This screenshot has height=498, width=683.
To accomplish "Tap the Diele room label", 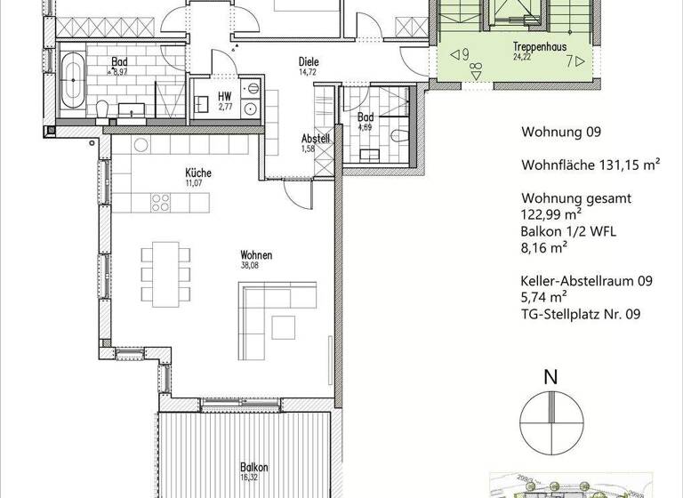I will pos(308,61).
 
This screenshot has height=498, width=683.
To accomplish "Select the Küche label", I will pos(197,173).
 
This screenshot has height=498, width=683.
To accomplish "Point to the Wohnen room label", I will pos(256,255).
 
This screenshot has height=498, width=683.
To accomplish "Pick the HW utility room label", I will pos(224,96).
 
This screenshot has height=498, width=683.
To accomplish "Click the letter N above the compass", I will pos(550,376).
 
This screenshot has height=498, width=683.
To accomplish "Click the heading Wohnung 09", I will pos(561,133).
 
